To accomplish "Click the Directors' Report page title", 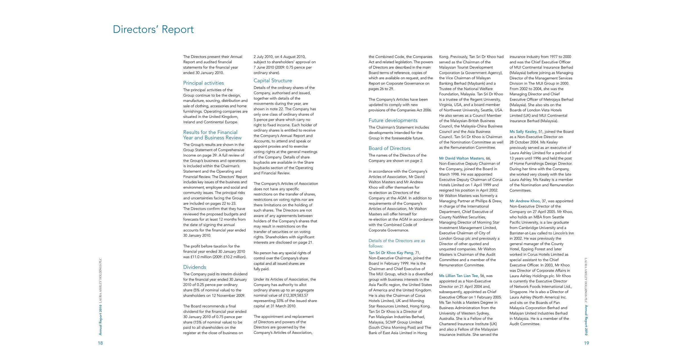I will pyautogui.click(x=153, y=30).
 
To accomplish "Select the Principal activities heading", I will pyautogui.click(x=203, y=83).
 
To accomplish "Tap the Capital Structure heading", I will pyautogui.click(x=273, y=81).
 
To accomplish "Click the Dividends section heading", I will pyautogui.click(x=194, y=267).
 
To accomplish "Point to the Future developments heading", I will pyautogui.click(x=393, y=120).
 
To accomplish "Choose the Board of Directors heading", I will pyautogui.click(x=389, y=148).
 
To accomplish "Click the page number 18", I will pyautogui.click(x=100, y=343).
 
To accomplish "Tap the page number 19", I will pyautogui.click(x=587, y=343).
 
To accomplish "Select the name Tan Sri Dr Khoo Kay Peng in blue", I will pyautogui.click(x=391, y=253).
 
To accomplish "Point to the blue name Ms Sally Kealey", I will pyautogui.click(x=523, y=132).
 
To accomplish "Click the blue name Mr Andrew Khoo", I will pyautogui.click(x=524, y=201).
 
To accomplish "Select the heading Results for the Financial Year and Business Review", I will pyautogui.click(x=212, y=135).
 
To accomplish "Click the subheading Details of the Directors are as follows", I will pyautogui.click(x=397, y=243).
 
